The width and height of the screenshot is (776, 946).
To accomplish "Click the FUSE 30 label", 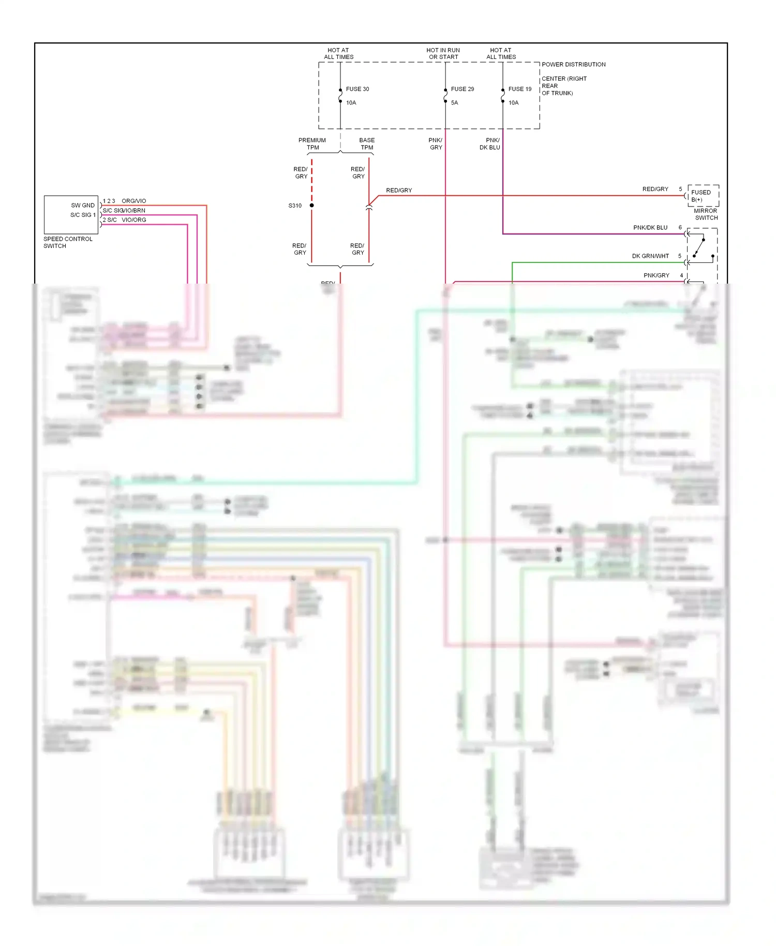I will coord(357,89).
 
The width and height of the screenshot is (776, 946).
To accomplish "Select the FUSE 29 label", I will coord(462,89).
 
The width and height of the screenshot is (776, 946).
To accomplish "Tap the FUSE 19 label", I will coord(519,89).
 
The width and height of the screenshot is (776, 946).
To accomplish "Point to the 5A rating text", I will coord(454,103).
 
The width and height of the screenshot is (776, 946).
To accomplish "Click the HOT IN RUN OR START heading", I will coord(443,54).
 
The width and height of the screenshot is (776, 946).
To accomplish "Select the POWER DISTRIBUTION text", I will coord(573,65).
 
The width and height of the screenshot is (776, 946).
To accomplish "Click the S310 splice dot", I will coord(312,205).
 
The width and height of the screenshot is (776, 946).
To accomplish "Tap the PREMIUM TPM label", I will coord(312,144).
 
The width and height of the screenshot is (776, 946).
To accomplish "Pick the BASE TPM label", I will coord(367,144).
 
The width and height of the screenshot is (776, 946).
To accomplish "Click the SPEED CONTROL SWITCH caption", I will coord(68,242).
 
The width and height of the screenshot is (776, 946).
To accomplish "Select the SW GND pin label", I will coord(83,205).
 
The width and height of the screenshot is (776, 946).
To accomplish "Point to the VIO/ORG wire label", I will coord(134,220).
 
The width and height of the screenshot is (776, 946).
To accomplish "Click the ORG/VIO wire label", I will coord(134,201).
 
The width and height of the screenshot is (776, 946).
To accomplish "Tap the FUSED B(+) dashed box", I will coord(703,196).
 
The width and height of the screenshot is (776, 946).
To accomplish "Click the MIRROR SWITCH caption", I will coord(706,214).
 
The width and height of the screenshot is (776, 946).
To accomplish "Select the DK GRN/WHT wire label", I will coord(650,256).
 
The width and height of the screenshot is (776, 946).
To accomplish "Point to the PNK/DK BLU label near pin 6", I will coord(650,228).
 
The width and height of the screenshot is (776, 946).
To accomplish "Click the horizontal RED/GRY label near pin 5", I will coord(655,189).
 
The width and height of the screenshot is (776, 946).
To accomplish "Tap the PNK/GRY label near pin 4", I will coord(656,275).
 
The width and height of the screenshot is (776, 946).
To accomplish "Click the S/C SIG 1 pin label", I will coord(83,215).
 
